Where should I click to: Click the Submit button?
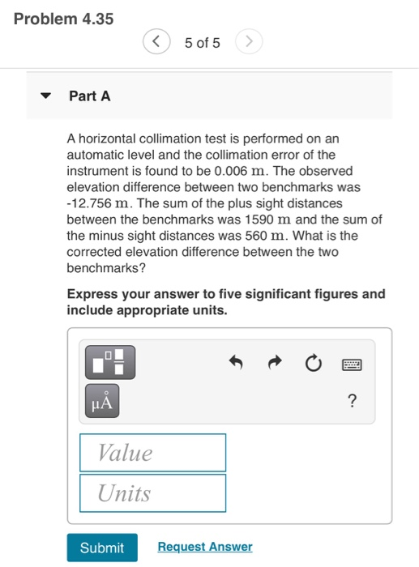[x=102, y=548]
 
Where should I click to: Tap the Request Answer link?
[x=204, y=547]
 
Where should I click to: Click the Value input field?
[x=152, y=452]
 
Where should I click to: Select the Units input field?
[x=152, y=493]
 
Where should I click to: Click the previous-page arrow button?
[x=157, y=42]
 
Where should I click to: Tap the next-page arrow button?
[x=250, y=42]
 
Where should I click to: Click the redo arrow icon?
[x=273, y=363]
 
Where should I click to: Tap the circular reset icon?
[x=312, y=363]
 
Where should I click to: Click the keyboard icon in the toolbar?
[x=351, y=363]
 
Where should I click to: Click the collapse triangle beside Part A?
[x=47, y=96]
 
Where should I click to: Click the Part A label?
[x=89, y=96]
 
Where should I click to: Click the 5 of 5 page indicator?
[x=203, y=42]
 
